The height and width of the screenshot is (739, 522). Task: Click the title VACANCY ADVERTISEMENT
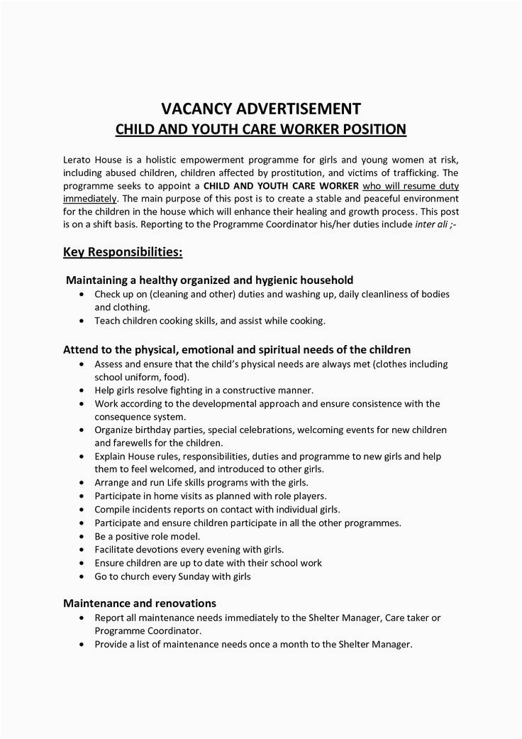(x=261, y=109)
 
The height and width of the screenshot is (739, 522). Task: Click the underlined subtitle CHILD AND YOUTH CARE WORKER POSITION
(x=261, y=130)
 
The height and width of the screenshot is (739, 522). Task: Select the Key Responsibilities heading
(x=123, y=252)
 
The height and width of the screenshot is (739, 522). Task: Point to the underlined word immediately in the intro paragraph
(x=89, y=198)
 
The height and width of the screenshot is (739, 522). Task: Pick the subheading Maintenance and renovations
(x=140, y=603)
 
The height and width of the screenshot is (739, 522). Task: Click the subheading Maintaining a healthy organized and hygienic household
(x=209, y=280)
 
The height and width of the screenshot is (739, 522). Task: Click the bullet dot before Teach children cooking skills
(x=86, y=321)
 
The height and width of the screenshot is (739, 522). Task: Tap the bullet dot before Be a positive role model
(x=86, y=536)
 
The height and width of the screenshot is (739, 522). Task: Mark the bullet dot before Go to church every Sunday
(x=86, y=577)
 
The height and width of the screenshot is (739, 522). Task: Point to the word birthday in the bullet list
(x=154, y=430)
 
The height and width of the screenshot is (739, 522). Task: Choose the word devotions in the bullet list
(x=157, y=549)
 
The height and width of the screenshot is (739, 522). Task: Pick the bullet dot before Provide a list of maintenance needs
(x=86, y=645)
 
